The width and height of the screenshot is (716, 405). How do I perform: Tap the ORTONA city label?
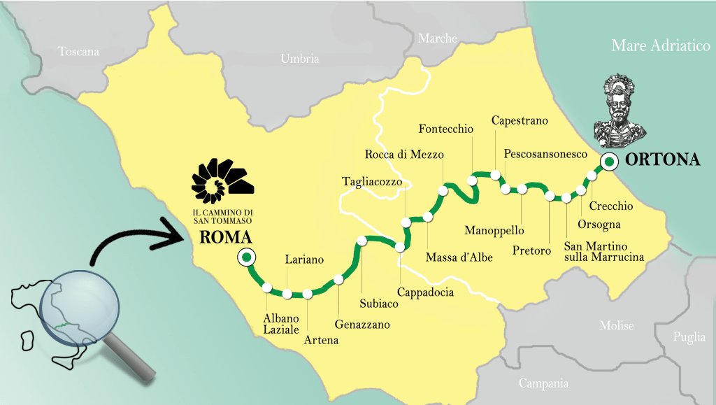point(662,160)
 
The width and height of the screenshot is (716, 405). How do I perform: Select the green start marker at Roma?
point(245,257)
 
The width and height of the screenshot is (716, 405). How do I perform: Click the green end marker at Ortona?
point(608,162)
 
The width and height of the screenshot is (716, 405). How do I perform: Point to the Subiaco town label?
point(378,304)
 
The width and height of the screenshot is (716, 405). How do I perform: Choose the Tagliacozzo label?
point(372,182)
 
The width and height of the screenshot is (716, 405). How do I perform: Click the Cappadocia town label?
point(425,292)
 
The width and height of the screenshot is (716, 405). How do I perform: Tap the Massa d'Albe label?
point(459,257)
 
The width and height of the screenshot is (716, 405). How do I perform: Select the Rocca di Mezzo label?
point(404,155)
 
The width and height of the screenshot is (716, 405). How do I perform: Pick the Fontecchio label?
point(445,129)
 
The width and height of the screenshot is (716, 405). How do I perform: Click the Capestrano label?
point(520,120)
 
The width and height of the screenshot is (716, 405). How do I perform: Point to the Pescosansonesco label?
point(545,154)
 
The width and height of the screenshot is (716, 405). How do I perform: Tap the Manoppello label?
point(494,230)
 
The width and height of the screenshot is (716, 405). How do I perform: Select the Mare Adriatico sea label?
point(661,46)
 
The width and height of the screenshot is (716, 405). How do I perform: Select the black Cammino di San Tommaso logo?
point(222,178)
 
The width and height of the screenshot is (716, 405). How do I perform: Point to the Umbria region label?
point(299,59)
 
